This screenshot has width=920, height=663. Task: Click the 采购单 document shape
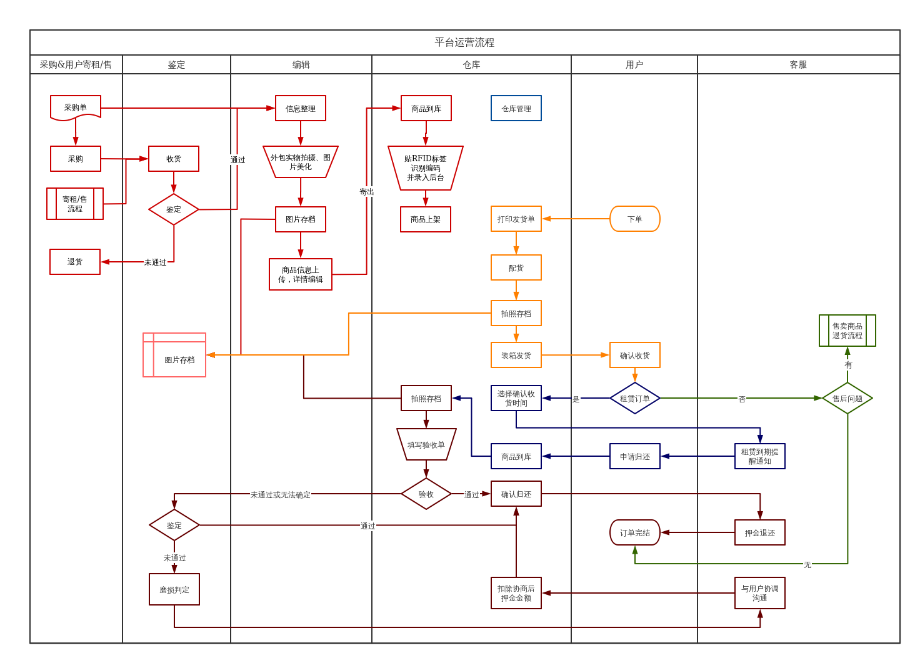(76, 107)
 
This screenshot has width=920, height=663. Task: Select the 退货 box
(75, 262)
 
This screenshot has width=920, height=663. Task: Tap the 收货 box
(174, 159)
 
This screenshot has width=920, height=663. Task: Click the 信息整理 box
(301, 108)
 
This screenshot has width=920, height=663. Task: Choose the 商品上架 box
(426, 219)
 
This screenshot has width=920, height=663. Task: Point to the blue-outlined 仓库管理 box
(516, 108)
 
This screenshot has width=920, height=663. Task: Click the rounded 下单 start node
(635, 219)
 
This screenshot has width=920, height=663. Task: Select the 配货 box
(516, 267)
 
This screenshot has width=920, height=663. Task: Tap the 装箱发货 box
(516, 355)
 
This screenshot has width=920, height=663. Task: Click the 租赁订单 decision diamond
(635, 398)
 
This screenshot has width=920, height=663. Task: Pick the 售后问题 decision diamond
(847, 398)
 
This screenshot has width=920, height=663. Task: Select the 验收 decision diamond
(426, 494)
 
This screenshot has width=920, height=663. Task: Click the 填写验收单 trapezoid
(426, 444)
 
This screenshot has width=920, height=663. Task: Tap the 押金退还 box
(760, 532)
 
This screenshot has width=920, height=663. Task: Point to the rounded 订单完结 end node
(635, 532)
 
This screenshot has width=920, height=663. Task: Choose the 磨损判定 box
(174, 589)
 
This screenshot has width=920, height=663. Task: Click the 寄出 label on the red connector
(367, 191)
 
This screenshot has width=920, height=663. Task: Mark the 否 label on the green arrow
(742, 399)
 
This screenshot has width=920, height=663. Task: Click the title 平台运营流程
(464, 42)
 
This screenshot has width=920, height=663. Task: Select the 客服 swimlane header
(798, 64)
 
